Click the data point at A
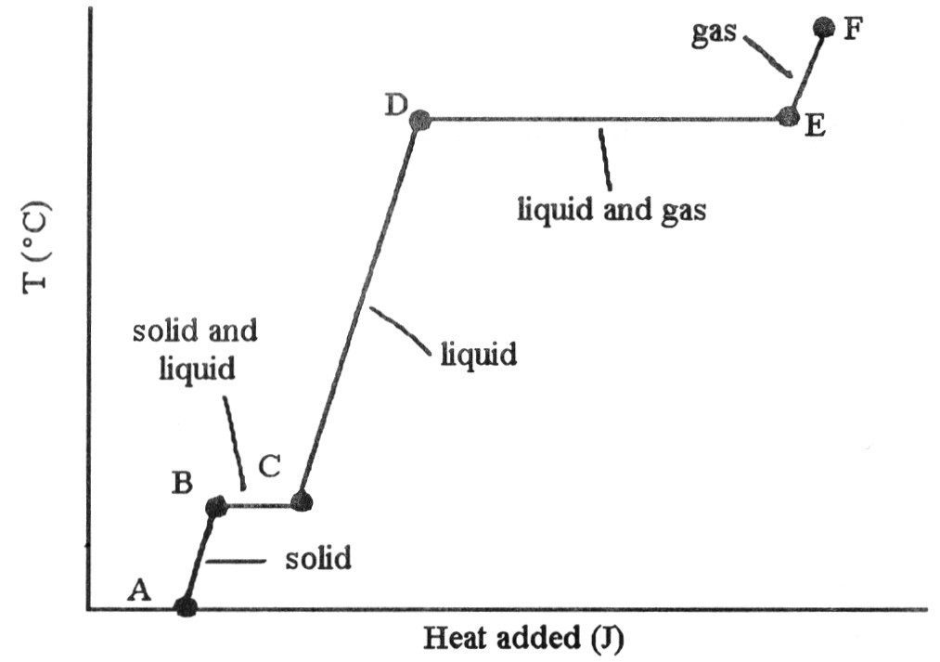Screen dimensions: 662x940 click(186, 607)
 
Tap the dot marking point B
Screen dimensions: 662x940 click(215, 506)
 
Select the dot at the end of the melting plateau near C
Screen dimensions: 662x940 click(301, 502)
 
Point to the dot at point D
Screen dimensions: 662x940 click(419, 119)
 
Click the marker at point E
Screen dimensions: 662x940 click(787, 117)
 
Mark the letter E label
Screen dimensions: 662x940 click(815, 127)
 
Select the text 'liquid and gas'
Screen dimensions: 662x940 click(612, 211)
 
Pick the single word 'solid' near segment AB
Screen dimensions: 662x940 click(318, 560)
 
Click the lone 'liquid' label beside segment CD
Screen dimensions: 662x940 click(478, 355)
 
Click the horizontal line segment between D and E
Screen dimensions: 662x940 click(603, 119)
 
